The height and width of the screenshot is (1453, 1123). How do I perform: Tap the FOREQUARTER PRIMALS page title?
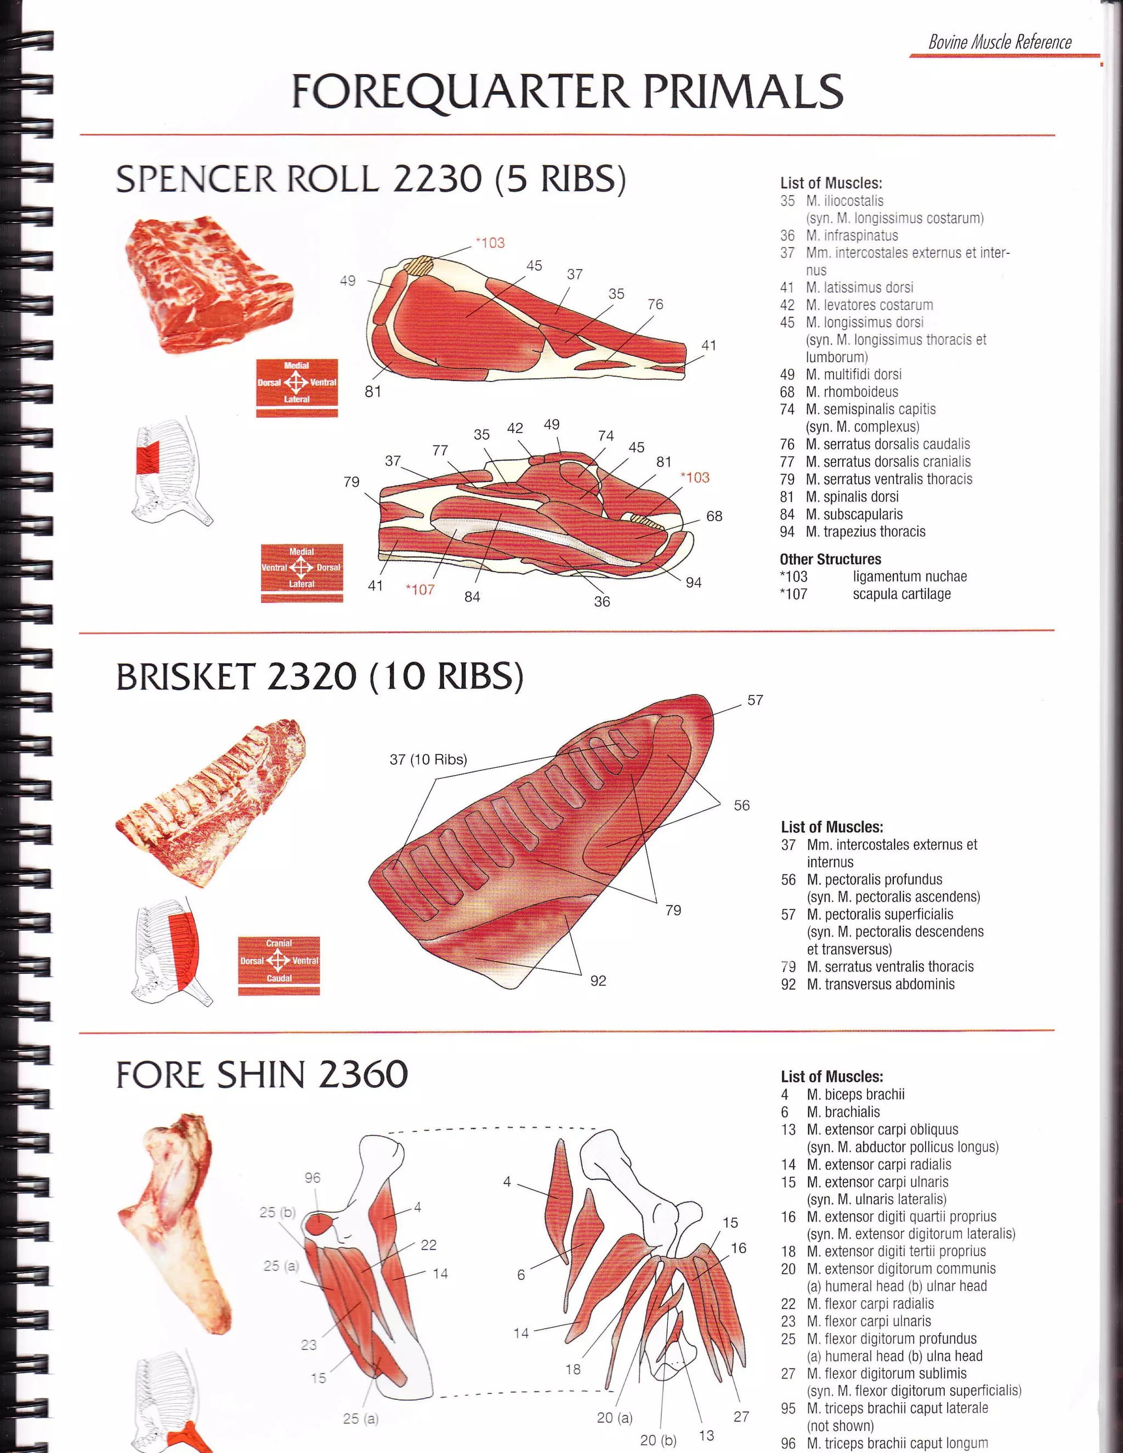[x=567, y=92]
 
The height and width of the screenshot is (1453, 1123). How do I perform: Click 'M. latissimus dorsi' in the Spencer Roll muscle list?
[x=859, y=287]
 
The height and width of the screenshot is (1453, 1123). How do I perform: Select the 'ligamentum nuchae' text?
[x=909, y=577]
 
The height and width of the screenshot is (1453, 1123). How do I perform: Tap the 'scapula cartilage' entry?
[x=901, y=594]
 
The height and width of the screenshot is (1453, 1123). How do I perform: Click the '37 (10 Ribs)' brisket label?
[x=428, y=760]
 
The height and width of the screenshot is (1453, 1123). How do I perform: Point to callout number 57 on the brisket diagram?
[x=755, y=700]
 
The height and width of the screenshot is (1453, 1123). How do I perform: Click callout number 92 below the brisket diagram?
[x=598, y=981]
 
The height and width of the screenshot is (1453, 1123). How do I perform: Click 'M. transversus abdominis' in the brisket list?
[x=880, y=984]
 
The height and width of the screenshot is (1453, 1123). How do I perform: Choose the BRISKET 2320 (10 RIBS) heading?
[x=320, y=677]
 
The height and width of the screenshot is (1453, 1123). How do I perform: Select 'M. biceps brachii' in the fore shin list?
[x=855, y=1095]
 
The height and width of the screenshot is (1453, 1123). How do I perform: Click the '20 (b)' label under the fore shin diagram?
[x=657, y=1440]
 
